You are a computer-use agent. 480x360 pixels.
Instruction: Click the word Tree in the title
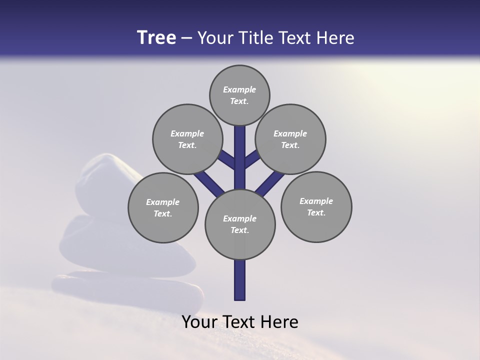[x=156, y=38]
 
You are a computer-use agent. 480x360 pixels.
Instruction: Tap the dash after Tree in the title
[x=187, y=38]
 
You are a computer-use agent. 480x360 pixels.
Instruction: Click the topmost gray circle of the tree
[x=239, y=95]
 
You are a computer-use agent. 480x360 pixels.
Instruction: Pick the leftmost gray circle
[x=163, y=207]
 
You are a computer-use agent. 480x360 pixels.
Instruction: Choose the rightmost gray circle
[x=316, y=206]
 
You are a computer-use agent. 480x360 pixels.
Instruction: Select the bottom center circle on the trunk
[x=240, y=224]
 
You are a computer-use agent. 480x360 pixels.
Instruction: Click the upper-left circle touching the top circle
[x=187, y=139]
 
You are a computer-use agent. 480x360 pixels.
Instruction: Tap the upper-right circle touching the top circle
[x=290, y=139]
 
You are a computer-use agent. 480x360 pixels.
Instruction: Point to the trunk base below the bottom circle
[x=240, y=280]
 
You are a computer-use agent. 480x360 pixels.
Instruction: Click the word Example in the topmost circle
[x=239, y=89]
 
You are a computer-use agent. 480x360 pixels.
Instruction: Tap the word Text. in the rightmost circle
[x=316, y=212]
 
